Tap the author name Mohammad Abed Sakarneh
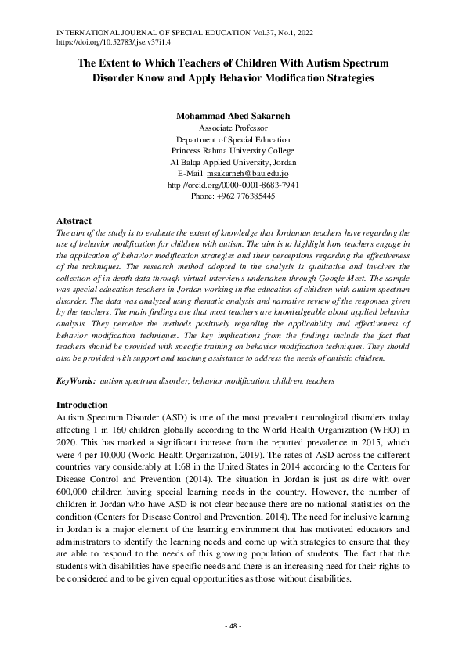click(233, 116)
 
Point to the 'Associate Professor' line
click(233, 128)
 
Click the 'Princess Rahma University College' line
click(233, 151)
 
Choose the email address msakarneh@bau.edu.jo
click(251, 174)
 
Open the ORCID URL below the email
click(233, 185)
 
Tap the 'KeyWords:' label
click(76, 380)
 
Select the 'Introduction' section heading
click(82, 405)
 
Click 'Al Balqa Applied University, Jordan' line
click(233, 162)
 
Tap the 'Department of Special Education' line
click(233, 139)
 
